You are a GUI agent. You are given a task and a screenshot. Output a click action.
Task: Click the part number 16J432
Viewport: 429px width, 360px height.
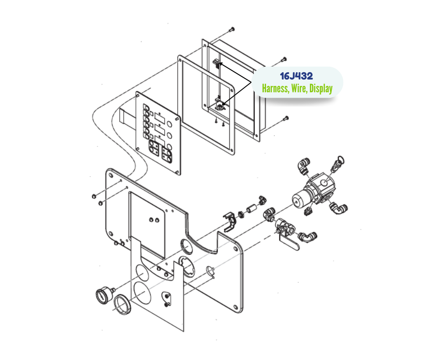click(296, 76)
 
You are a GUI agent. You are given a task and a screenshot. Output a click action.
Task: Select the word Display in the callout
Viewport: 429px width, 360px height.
click(321, 89)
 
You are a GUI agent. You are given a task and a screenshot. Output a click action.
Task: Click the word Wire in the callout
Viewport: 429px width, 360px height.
click(299, 89)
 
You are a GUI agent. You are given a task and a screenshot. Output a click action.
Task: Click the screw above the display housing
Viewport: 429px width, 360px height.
click(232, 29)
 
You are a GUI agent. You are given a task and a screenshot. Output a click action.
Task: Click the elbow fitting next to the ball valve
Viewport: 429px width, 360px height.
click(307, 237)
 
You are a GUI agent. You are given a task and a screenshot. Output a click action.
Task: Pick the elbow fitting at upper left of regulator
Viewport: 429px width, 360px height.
click(303, 165)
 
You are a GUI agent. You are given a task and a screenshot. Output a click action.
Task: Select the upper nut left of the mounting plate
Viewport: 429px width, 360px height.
click(94, 196)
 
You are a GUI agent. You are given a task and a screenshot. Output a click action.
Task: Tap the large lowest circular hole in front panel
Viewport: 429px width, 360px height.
click(142, 293)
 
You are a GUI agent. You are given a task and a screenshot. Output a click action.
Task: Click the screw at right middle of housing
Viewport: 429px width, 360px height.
click(283, 59)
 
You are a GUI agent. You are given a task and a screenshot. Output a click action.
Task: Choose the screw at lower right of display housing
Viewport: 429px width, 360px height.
click(285, 119)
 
